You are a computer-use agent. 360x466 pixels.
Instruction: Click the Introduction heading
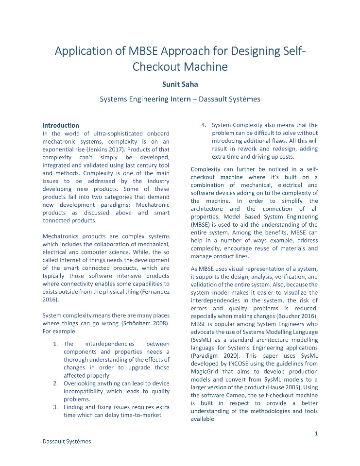pos(61,125)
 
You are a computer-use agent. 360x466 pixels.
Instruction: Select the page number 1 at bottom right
pos(316,433)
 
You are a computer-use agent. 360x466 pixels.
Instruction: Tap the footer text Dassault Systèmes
pos(67,441)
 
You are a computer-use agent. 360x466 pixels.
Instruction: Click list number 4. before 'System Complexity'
pos(204,125)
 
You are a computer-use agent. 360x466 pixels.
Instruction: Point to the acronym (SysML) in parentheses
pos(204,340)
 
